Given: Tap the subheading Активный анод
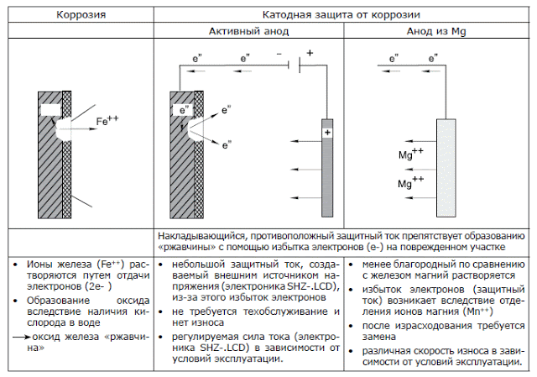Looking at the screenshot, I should [248, 30].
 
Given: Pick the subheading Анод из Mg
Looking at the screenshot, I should [435, 30].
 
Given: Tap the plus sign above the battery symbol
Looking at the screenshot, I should [309, 53].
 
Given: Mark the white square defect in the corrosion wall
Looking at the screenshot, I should [50, 109].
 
